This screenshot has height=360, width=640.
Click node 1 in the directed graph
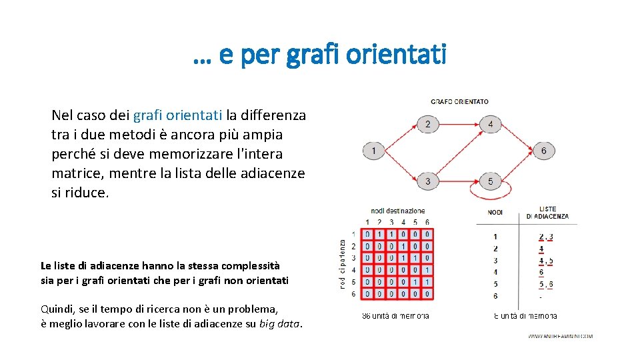click(374, 151)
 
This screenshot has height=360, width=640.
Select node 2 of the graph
click(427, 124)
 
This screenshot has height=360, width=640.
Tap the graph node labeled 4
click(490, 124)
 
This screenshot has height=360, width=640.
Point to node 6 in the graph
click(543, 151)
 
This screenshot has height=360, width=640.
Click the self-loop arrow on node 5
click(491, 196)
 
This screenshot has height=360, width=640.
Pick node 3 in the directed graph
click(427, 181)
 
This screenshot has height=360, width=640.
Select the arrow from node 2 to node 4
click(459, 124)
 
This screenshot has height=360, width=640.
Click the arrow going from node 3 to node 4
click(459, 153)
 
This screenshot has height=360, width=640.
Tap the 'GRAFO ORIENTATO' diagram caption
click(459, 102)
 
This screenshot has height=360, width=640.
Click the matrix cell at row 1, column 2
click(379, 234)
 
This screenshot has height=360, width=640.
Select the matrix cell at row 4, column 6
click(427, 270)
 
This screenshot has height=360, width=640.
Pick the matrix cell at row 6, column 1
click(367, 294)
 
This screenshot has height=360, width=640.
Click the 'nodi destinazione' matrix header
click(397, 211)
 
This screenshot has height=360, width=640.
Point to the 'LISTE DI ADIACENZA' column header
click(547, 213)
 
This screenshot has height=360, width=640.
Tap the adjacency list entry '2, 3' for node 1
click(545, 236)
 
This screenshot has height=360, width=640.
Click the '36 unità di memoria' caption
click(395, 316)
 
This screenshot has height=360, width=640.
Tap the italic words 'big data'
click(279, 325)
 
